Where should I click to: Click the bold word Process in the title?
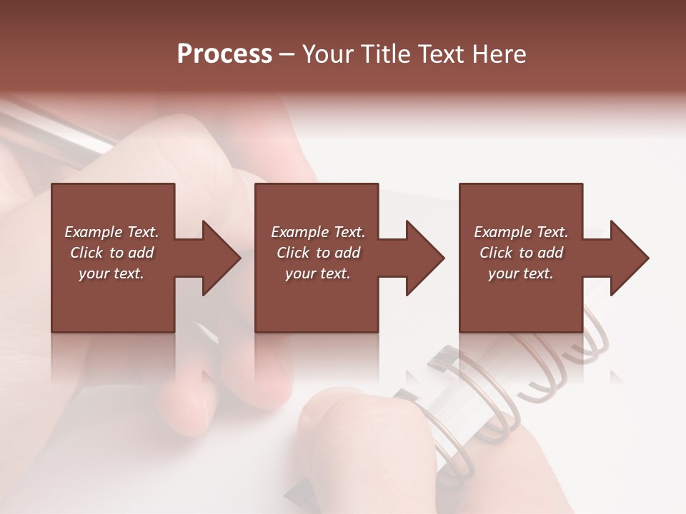click(224, 54)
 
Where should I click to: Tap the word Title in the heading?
click(385, 54)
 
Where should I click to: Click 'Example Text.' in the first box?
click(111, 232)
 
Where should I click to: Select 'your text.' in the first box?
click(111, 273)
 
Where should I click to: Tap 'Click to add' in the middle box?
click(318, 253)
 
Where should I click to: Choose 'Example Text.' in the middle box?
click(318, 232)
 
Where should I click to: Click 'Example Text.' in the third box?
click(521, 232)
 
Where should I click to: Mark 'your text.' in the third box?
click(521, 273)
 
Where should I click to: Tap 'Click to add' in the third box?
click(521, 253)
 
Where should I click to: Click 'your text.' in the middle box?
click(318, 273)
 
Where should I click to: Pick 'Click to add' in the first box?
click(111, 253)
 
